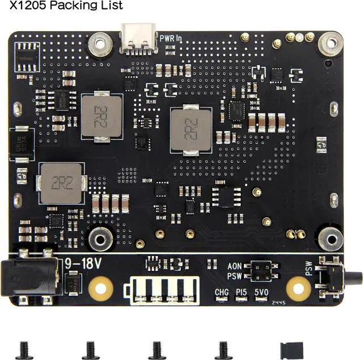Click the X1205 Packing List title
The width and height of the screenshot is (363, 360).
(x=66, y=6)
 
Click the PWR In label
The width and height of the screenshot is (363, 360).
(x=170, y=39)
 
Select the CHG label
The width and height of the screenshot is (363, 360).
(x=222, y=292)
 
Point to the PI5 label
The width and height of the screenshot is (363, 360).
(x=242, y=292)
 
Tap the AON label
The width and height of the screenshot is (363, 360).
(x=235, y=266)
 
